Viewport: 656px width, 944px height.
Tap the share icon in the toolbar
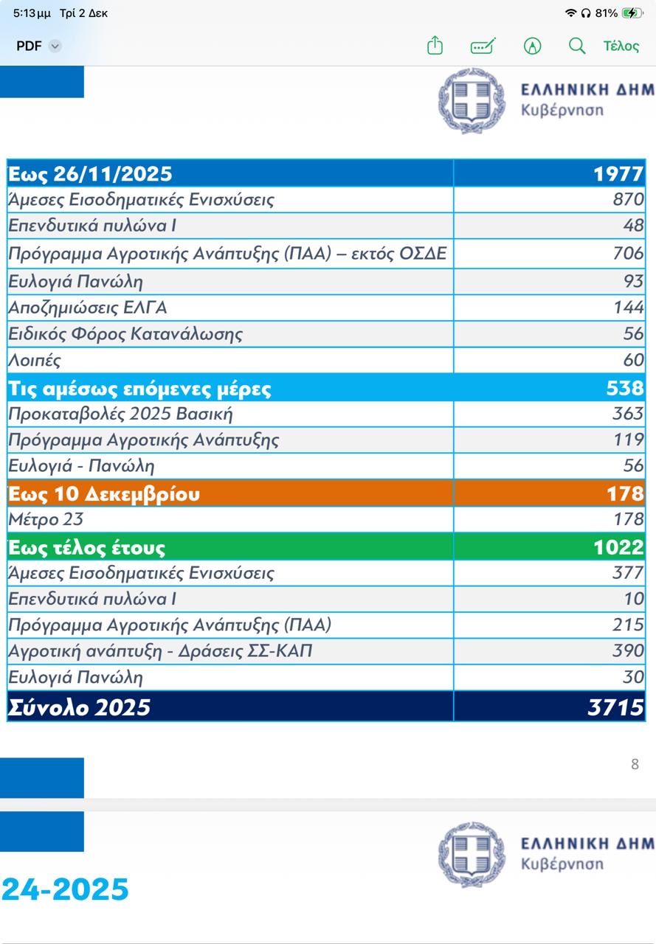coord(435,46)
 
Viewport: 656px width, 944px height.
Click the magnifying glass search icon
coord(577,46)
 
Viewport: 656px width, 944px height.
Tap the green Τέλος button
coord(621,46)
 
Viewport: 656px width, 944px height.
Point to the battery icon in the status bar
coord(632,13)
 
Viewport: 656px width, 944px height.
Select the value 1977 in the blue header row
coord(618,174)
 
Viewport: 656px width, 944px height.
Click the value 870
coord(628,200)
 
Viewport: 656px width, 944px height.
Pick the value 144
coord(629,308)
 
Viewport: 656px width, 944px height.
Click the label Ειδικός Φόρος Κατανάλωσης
coord(125,334)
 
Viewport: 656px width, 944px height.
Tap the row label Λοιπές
coord(35,361)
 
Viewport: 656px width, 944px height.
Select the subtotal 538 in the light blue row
coord(624,388)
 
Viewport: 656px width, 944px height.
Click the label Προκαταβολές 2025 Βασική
coord(121,414)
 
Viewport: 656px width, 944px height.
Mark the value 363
coord(628,414)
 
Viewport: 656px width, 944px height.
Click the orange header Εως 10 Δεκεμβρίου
coord(104,493)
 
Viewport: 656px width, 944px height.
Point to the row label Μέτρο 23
coord(46,519)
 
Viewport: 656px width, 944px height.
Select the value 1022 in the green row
coord(618,547)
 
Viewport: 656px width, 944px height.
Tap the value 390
coord(628,651)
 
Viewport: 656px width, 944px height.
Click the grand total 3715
coord(615,707)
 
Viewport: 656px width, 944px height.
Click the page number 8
coord(635,764)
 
